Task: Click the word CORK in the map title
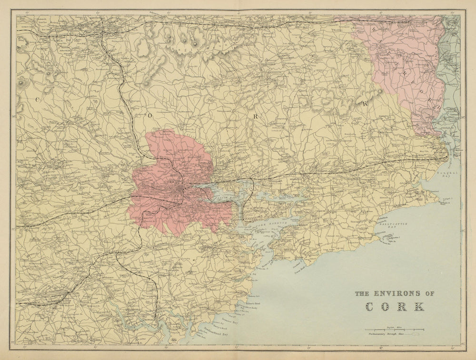[x=395, y=306]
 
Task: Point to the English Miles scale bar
[x=394, y=329]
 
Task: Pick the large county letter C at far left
[x=36, y=98]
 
